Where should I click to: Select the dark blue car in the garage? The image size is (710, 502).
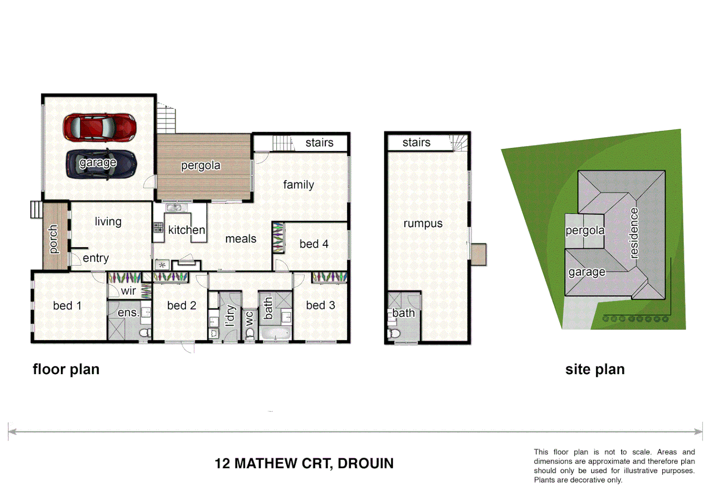click(101, 164)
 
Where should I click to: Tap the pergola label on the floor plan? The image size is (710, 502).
click(201, 165)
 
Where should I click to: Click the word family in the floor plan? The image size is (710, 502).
click(298, 185)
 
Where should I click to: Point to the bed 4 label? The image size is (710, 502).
click(314, 244)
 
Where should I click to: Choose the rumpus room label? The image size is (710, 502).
click(423, 224)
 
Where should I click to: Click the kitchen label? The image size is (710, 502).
click(186, 230)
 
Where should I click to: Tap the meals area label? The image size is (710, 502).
click(241, 239)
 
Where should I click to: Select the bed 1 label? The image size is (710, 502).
click(67, 305)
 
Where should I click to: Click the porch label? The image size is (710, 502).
click(53, 239)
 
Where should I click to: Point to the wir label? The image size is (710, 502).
click(128, 291)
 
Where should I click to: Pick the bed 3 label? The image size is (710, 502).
click(320, 305)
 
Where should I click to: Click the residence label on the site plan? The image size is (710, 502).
click(634, 233)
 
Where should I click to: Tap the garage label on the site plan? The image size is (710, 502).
click(587, 272)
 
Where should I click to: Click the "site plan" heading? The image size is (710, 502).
click(595, 370)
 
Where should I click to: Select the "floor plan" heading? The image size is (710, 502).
click(66, 370)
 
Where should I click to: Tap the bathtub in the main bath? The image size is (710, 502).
click(275, 334)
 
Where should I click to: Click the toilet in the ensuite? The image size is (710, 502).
click(145, 332)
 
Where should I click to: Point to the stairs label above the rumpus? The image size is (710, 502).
click(416, 143)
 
